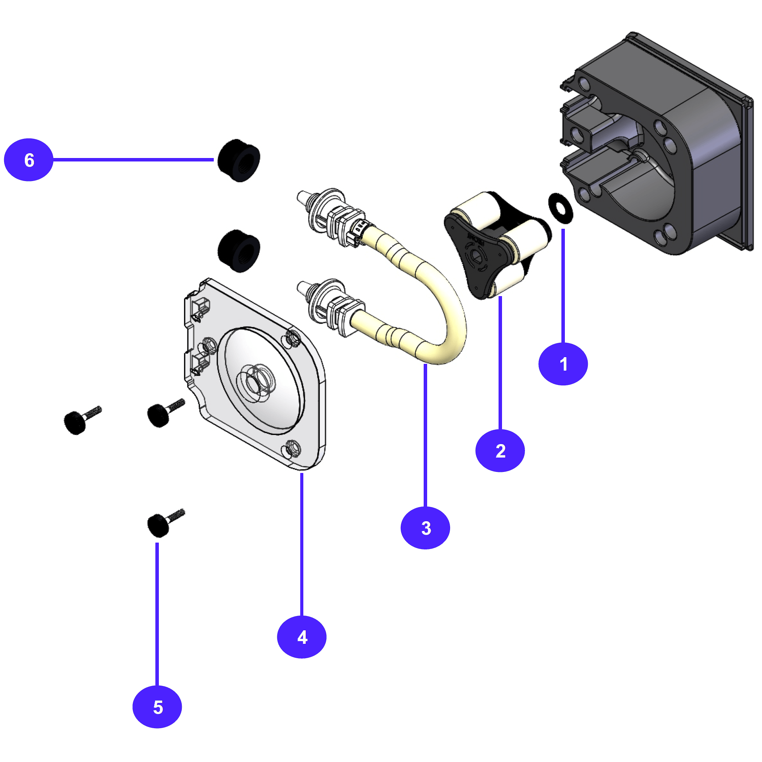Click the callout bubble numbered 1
click(563, 364)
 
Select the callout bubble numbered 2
click(500, 450)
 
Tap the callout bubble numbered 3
click(425, 528)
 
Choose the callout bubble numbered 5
click(157, 707)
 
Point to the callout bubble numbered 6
click(28, 160)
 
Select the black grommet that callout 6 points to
click(239, 160)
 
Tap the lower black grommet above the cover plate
click(239, 251)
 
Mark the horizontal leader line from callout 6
click(134, 160)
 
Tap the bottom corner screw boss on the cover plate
click(292, 449)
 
